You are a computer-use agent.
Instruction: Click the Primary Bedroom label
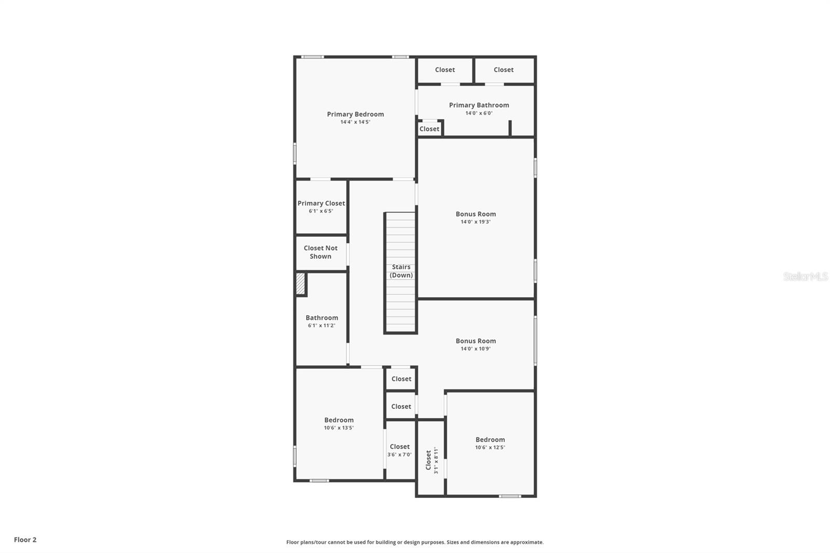click(x=355, y=114)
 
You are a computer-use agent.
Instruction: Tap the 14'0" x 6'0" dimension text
click(x=479, y=113)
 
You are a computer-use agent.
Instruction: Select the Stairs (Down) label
click(x=401, y=271)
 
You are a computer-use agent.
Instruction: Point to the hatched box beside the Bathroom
click(x=300, y=284)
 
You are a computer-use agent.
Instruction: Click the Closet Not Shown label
click(x=321, y=252)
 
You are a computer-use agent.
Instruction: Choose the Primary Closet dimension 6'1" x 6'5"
click(x=321, y=211)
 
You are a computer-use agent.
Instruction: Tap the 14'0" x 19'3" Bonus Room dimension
click(x=475, y=222)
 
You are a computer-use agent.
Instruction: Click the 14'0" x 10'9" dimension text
click(x=475, y=349)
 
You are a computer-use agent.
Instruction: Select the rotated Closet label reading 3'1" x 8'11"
click(x=432, y=460)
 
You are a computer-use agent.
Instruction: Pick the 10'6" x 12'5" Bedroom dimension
click(x=490, y=447)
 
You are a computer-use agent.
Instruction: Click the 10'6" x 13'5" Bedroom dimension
click(x=339, y=428)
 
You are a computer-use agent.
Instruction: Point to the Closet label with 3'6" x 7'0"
click(x=399, y=447)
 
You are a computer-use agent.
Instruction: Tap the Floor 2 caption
click(x=25, y=540)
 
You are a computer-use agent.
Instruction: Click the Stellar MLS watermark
click(x=806, y=276)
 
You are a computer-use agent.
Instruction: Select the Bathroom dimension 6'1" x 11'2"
click(x=321, y=325)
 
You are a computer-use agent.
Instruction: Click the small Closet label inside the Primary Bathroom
click(x=429, y=129)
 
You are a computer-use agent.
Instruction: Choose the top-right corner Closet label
click(x=504, y=70)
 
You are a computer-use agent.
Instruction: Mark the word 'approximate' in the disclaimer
click(x=527, y=542)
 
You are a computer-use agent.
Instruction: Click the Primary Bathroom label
click(x=479, y=105)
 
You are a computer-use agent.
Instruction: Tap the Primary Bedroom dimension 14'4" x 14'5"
click(x=355, y=122)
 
